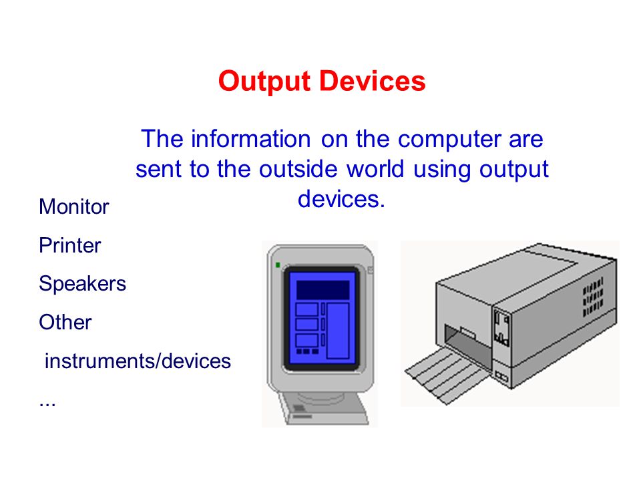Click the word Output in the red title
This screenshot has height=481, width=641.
click(x=264, y=82)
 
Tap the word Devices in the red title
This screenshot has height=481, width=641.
click(x=373, y=81)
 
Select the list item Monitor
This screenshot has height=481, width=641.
click(x=74, y=206)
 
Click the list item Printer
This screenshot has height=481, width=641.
click(x=70, y=245)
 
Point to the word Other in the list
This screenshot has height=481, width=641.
click(x=65, y=322)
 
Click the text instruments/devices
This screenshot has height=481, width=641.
click(x=138, y=361)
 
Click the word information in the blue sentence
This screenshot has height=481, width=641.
click(x=251, y=139)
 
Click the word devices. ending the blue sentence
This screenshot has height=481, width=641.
click(x=341, y=199)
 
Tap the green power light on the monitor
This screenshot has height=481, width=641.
click(x=278, y=265)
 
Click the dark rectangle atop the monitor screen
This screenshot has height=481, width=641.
click(x=323, y=291)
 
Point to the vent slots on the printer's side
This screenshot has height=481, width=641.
click(x=593, y=297)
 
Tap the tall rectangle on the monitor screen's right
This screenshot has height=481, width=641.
click(x=338, y=331)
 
